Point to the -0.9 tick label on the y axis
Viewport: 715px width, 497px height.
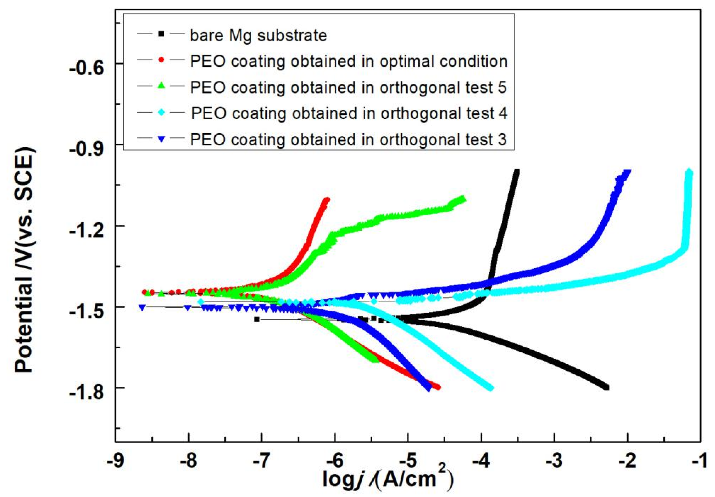point(87,149)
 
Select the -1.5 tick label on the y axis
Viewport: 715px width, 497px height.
point(87,311)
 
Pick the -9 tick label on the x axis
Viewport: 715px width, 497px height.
point(115,461)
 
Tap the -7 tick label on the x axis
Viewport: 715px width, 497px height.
point(261,461)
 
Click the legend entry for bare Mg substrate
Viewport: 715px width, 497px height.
point(258,35)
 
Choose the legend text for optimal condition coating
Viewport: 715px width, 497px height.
point(349,61)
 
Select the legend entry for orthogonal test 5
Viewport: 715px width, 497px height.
point(348,87)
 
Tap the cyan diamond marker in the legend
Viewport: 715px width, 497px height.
point(161,113)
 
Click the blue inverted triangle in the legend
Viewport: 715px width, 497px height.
point(161,140)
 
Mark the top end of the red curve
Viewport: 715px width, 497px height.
point(327,199)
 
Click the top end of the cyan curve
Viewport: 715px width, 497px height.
point(690,172)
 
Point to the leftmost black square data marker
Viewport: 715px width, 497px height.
point(256,319)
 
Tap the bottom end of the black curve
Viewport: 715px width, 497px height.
point(606,387)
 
